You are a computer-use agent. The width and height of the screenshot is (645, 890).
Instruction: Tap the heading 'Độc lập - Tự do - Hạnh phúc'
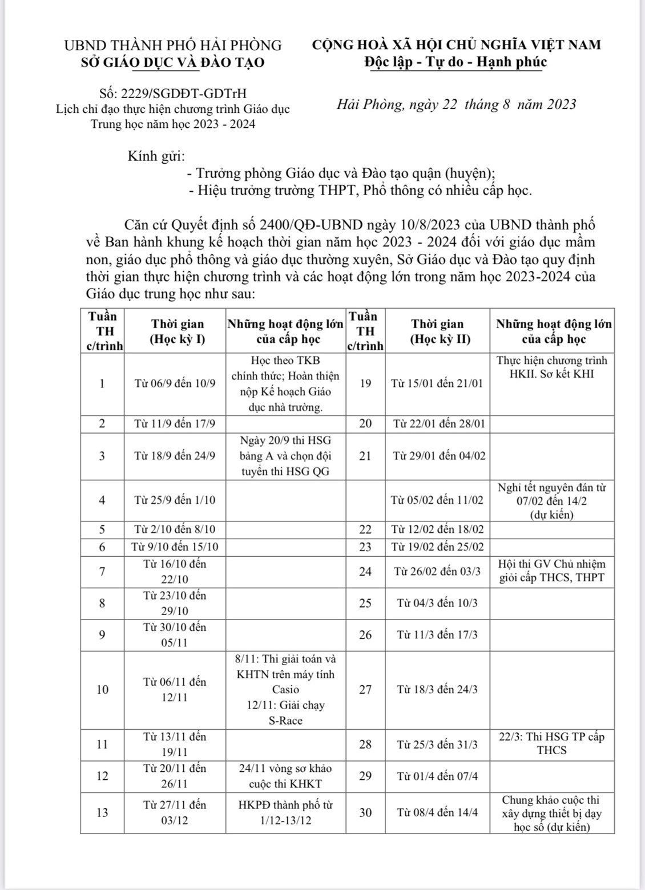[455, 62]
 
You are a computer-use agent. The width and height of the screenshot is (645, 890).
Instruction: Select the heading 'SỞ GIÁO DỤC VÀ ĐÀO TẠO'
[173, 62]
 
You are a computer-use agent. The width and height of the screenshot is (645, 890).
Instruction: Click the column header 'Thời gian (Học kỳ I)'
[177, 331]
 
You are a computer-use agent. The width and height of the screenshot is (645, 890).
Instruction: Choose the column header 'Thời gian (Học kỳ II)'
[437, 331]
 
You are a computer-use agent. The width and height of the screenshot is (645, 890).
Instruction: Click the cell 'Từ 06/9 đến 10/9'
[175, 383]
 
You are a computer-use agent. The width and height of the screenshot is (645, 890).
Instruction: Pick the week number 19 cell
[365, 383]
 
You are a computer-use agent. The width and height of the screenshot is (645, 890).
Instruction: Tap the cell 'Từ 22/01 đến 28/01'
[437, 423]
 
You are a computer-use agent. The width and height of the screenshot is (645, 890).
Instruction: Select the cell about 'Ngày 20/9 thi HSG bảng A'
[285, 456]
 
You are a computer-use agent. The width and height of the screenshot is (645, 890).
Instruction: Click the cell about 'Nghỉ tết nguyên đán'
[551, 501]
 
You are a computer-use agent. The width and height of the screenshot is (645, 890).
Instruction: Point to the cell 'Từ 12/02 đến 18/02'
[437, 529]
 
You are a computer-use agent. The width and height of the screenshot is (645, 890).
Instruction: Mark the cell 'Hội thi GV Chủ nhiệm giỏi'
[551, 571]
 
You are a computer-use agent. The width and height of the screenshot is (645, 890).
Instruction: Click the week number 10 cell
[102, 689]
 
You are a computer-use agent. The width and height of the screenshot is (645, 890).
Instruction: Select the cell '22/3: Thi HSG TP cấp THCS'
[551, 743]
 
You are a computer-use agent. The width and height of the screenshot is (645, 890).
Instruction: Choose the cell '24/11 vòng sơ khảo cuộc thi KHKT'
[285, 776]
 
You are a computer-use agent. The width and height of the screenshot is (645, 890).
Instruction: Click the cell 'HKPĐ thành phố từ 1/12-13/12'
[285, 812]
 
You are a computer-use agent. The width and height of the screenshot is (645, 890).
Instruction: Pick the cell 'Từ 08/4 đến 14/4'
[437, 812]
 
